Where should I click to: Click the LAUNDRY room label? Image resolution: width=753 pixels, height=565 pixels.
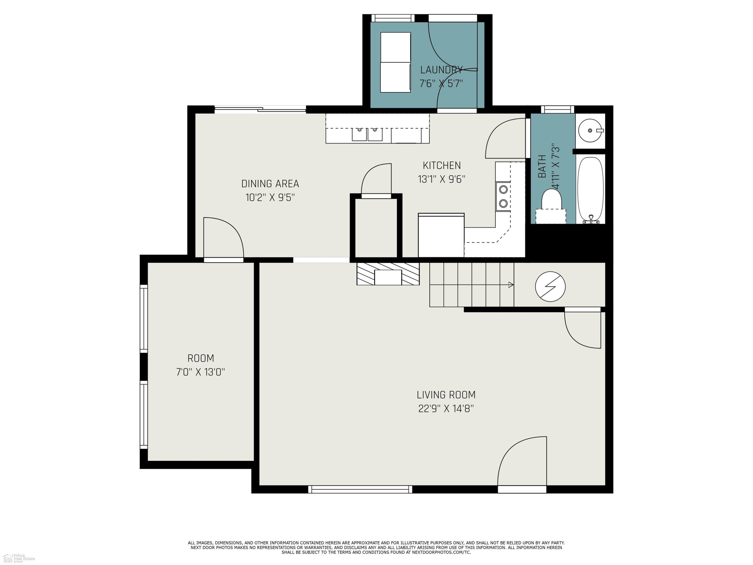(x=441, y=70)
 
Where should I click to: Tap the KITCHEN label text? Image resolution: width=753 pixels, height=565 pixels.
(x=442, y=165)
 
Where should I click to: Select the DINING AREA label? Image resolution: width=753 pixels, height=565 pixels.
(x=270, y=184)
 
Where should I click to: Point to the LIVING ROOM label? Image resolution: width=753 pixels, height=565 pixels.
(x=446, y=395)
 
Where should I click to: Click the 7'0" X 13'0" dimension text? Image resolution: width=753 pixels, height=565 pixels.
(x=201, y=372)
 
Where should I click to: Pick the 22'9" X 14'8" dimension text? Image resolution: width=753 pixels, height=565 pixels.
(x=446, y=408)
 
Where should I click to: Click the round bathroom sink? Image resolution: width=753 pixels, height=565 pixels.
(x=591, y=130)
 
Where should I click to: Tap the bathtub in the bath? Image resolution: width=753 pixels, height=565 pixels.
(x=591, y=189)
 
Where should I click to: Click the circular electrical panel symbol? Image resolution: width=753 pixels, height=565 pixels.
(x=550, y=287)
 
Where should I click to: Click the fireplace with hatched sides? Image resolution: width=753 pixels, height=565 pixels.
(x=388, y=274)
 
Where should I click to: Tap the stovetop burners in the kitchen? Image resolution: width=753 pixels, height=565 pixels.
(x=503, y=197)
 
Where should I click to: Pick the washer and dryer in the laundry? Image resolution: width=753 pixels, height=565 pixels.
(x=396, y=62)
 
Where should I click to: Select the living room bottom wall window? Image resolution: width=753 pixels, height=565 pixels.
(x=360, y=489)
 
